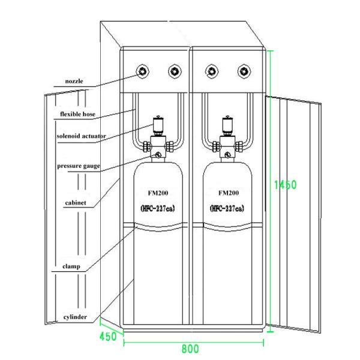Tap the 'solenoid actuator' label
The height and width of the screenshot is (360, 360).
click(x=81, y=136)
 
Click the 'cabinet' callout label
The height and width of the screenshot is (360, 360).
click(x=76, y=203)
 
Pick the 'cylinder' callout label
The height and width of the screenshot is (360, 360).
click(x=75, y=316)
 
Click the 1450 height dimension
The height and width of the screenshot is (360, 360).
click(x=284, y=185)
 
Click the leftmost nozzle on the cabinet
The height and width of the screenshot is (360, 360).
click(x=143, y=71)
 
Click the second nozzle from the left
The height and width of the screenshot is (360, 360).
click(x=174, y=71)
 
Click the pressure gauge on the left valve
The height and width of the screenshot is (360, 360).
click(x=158, y=155)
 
